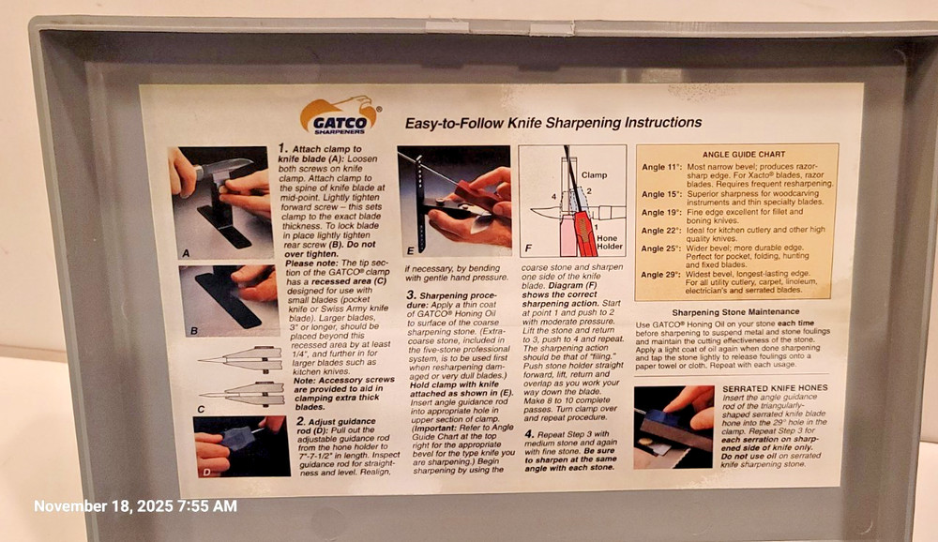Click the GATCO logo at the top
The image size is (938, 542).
click(x=339, y=116)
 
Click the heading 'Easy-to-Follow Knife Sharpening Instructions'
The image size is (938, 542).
click(x=552, y=123)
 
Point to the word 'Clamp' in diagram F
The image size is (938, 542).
click(x=594, y=174)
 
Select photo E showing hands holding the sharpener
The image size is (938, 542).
click(x=454, y=199)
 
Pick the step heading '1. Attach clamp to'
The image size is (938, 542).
click(x=319, y=148)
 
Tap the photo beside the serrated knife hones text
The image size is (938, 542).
click(x=673, y=427)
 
